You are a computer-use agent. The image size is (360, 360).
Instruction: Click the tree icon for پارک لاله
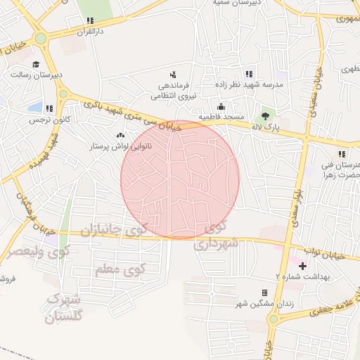264,115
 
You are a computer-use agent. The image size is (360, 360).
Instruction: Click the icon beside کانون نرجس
49,108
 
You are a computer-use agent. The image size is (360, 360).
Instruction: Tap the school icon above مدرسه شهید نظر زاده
248,74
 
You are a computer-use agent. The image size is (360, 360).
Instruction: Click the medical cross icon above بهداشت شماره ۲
303,266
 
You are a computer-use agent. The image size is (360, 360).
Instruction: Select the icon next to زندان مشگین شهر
265,292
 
